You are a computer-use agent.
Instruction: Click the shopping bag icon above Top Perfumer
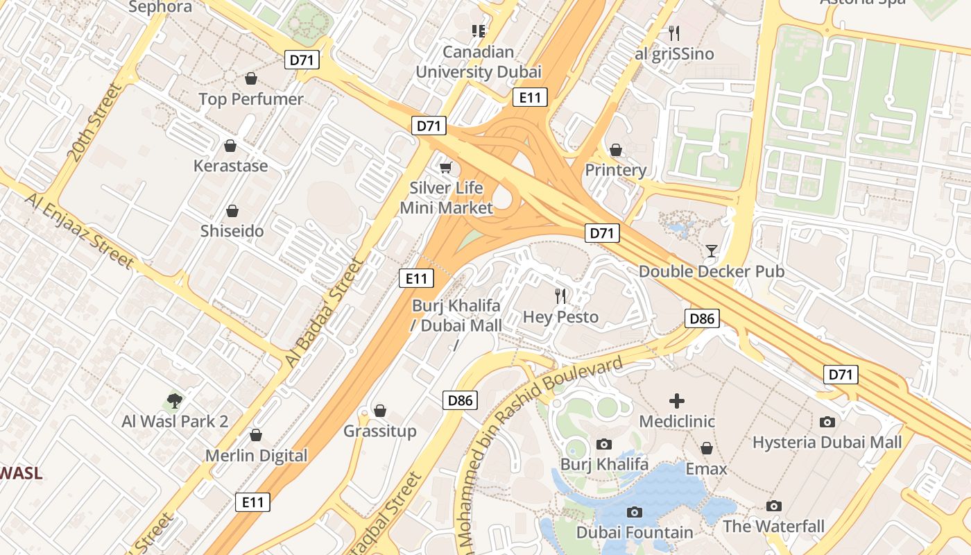pyautogui.click(x=251, y=78)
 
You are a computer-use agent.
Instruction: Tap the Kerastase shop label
pyautogui.click(x=230, y=166)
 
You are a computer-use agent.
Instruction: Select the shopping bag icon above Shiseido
pyautogui.click(x=232, y=211)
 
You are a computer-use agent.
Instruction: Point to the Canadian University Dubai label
pyautogui.click(x=479, y=62)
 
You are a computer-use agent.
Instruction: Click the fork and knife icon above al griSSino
pyautogui.click(x=673, y=33)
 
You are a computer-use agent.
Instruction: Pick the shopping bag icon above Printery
pyautogui.click(x=615, y=150)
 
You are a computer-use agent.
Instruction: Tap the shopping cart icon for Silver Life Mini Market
pyautogui.click(x=446, y=167)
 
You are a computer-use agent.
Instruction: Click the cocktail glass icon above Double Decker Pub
pyautogui.click(x=711, y=250)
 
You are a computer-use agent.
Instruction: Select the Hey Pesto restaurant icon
pyautogui.click(x=560, y=296)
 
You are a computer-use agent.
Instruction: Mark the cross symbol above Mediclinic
pyautogui.click(x=677, y=401)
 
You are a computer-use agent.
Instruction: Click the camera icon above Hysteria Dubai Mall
pyautogui.click(x=827, y=422)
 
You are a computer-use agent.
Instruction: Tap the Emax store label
pyautogui.click(x=706, y=469)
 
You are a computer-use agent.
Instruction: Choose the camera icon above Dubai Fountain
pyautogui.click(x=634, y=513)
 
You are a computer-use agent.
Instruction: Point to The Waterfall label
pyautogui.click(x=774, y=527)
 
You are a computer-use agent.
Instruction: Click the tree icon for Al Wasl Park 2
pyautogui.click(x=175, y=400)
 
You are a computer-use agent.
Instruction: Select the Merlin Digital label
pyautogui.click(x=256, y=456)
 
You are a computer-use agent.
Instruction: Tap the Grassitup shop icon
pyautogui.click(x=380, y=411)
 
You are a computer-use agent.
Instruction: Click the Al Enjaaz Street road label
pyautogui.click(x=79, y=230)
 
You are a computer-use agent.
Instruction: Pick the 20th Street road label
pyautogui.click(x=93, y=122)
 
